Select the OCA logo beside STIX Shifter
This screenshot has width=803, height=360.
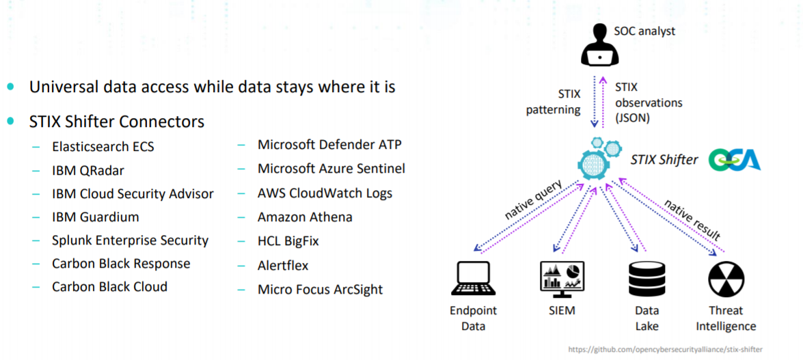pos(735,160)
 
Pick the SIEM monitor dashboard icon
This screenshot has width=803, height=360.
pos(562,279)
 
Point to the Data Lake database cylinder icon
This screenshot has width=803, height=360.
pos(647,279)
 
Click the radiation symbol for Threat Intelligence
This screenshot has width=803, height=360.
pos(725,279)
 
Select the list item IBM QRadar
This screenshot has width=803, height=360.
pos(88,171)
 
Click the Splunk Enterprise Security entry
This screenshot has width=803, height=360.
pos(130,240)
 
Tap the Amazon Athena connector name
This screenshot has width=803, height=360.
pos(305,217)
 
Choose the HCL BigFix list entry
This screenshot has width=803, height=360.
pos(288,241)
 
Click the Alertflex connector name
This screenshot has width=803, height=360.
pos(283,265)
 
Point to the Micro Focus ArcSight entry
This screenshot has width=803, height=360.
pos(320,290)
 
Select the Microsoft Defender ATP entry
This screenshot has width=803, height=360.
pos(329,145)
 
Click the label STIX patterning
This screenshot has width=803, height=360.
pos(554,102)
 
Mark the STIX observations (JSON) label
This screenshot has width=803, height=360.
pos(648,102)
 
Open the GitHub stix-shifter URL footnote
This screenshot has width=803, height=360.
pos(665,350)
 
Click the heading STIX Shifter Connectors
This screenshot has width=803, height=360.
pos(117,122)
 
